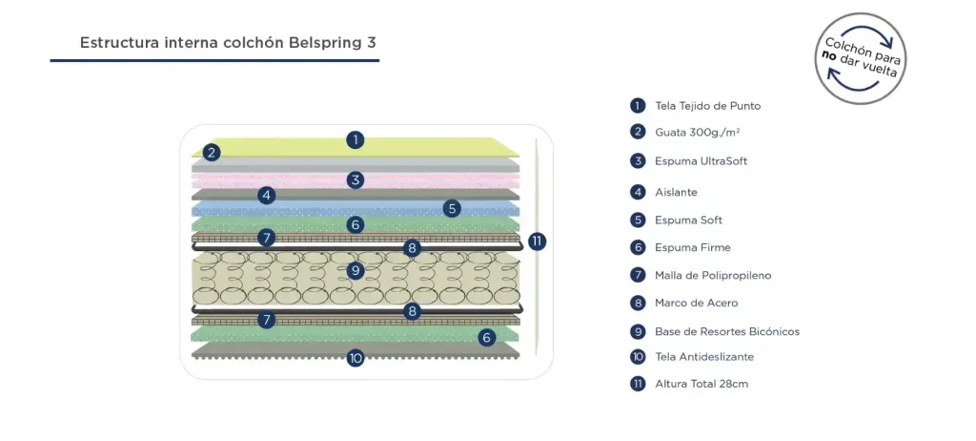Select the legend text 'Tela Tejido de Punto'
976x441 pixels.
point(707,106)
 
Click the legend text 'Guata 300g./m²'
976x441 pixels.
point(698,132)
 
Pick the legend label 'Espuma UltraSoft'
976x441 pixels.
point(701,160)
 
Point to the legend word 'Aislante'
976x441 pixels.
point(676,192)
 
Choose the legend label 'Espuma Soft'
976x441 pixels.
point(688,220)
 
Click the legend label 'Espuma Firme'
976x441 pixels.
point(692,247)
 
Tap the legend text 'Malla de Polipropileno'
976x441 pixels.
point(712,276)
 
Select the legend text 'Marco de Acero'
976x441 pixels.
point(696,303)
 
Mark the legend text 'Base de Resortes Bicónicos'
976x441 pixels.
point(726,332)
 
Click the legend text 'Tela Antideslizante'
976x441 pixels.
point(703,357)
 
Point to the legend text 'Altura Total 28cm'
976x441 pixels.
point(701,384)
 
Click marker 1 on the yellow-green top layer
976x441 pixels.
point(355,139)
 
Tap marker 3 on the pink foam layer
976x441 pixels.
point(355,179)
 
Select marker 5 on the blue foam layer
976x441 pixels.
point(452,208)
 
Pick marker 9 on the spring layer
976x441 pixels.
point(355,270)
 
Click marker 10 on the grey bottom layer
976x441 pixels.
point(355,359)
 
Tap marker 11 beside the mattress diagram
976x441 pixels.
point(537,241)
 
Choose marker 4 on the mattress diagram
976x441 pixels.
point(267,195)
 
